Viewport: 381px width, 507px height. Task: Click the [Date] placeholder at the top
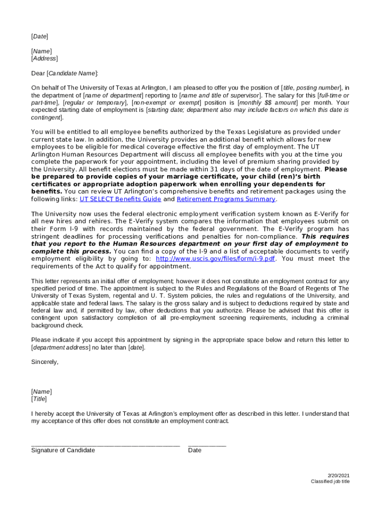tap(40, 36)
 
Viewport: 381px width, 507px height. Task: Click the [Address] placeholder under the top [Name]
tap(44, 58)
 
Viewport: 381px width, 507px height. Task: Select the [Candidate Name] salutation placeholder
tap(72, 73)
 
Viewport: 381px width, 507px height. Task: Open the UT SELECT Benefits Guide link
tap(120, 199)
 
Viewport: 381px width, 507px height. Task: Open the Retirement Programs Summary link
tap(226, 199)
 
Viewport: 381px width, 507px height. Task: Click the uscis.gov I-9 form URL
tap(215, 258)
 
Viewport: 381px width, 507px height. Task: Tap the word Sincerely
tap(45, 362)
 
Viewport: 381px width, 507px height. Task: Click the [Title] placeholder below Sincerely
tap(39, 399)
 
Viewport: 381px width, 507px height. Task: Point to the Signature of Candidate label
tap(63, 450)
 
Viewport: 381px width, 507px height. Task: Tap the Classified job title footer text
tap(330, 482)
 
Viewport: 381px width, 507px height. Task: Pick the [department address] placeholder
tap(60, 348)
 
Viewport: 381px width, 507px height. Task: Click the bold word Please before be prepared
tap(335, 169)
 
